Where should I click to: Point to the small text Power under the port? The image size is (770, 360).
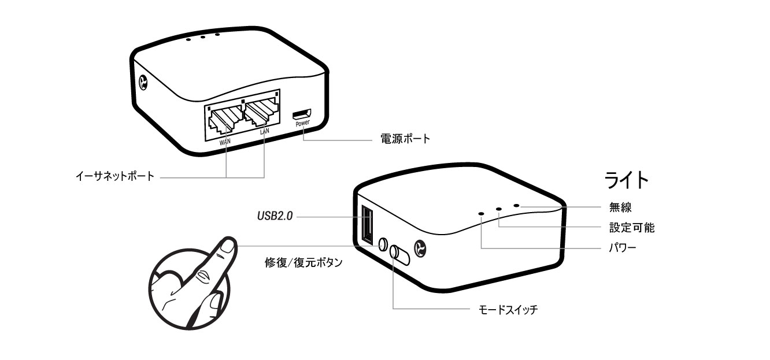[303, 123]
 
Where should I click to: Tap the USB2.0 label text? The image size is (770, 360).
[275, 217]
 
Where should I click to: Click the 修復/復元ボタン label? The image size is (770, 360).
[303, 263]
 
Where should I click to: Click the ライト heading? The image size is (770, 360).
[625, 180]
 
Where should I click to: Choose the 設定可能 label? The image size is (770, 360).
[632, 227]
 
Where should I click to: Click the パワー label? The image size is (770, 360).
[623, 249]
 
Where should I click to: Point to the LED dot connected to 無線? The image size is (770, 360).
[516, 206]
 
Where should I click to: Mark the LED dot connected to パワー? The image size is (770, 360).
[481, 213]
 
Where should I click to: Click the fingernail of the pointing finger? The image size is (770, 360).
[227, 246]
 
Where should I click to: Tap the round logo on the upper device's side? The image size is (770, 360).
[143, 83]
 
